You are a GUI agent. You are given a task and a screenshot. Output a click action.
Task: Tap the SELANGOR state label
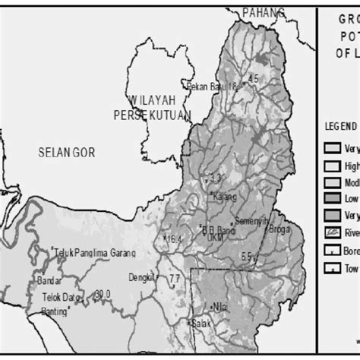point(67,153)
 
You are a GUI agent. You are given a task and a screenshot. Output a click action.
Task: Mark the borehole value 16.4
point(173,239)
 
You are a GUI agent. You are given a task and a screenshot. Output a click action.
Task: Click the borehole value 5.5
point(246,256)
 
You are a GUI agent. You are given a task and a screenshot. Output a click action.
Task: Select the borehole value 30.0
point(102,293)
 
